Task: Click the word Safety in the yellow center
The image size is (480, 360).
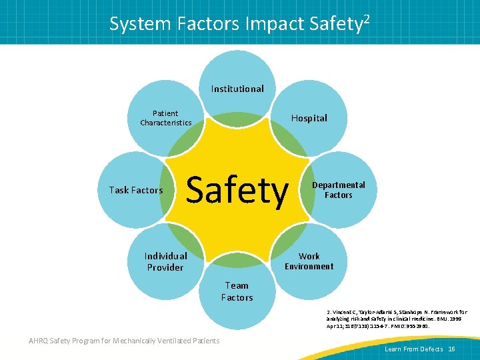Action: [x=237, y=191]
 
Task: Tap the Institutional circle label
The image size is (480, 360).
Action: [x=237, y=89]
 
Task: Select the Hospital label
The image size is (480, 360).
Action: [x=309, y=118]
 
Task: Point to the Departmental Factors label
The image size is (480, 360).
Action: [x=339, y=190]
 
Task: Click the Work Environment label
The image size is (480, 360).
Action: [x=309, y=261]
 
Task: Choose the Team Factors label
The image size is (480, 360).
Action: [x=237, y=291]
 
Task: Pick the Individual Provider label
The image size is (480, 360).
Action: [x=165, y=261]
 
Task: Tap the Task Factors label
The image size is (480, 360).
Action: [x=136, y=190]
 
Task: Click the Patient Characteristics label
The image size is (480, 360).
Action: [x=165, y=118]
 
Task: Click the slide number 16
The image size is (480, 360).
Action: [x=451, y=349]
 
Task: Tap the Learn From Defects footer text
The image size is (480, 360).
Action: [x=413, y=349]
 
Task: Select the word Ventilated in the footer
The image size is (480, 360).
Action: [x=175, y=341]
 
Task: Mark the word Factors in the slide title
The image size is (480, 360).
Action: [x=210, y=24]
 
